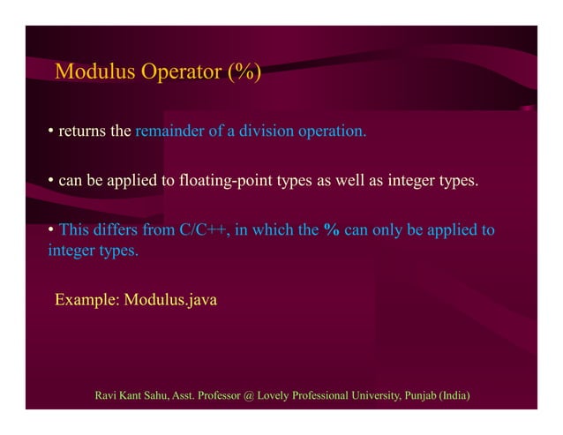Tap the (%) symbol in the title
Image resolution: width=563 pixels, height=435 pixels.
point(242,71)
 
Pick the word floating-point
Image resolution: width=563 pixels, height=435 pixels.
point(229,183)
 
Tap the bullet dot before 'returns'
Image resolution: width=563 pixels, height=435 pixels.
point(51,132)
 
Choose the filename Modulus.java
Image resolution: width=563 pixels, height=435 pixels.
point(170,300)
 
